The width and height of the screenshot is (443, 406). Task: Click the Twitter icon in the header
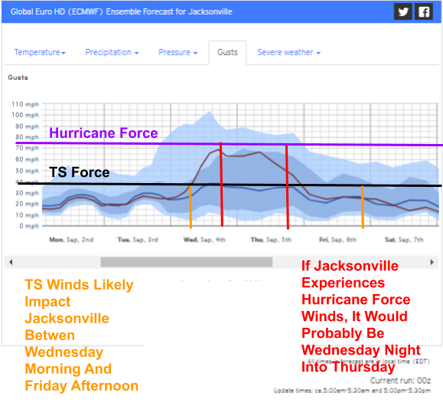pyautogui.click(x=402, y=11)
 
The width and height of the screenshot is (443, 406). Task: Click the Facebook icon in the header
pyautogui.click(x=423, y=11)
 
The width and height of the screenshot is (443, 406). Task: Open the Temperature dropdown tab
pyautogui.click(x=40, y=52)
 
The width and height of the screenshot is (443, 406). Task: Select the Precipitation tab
pyautogui.click(x=112, y=52)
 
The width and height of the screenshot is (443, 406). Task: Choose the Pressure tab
pyautogui.click(x=178, y=52)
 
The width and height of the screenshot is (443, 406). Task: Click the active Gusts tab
pyautogui.click(x=227, y=52)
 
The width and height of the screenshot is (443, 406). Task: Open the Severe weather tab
pyautogui.click(x=288, y=52)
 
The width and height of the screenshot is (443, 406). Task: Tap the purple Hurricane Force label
pyautogui.click(x=103, y=133)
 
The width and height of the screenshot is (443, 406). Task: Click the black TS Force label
pyautogui.click(x=80, y=173)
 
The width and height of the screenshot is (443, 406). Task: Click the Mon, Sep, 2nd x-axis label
pyautogui.click(x=70, y=240)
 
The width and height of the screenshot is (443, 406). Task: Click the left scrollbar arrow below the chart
pyautogui.click(x=11, y=262)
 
